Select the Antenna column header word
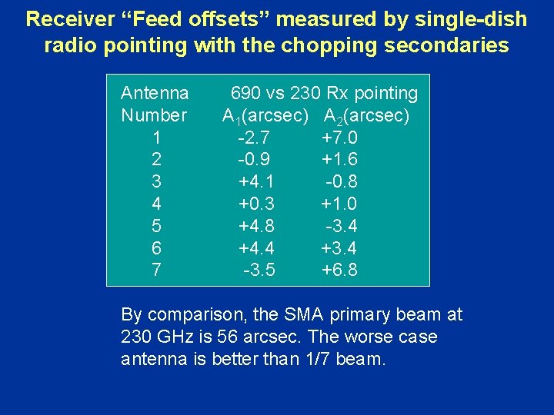[155, 94]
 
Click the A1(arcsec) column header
[265, 117]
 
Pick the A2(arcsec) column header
[366, 117]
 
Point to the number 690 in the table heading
[246, 94]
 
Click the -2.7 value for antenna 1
[254, 138]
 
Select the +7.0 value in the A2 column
[339, 138]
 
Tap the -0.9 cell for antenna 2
[254, 160]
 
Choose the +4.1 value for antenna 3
[256, 182]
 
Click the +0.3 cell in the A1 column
[256, 204]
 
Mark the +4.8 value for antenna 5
[256, 226]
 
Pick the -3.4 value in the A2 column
[341, 226]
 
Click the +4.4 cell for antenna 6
[256, 248]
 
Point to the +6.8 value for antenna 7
[339, 270]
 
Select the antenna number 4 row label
[157, 204]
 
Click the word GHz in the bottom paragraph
[172, 337]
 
